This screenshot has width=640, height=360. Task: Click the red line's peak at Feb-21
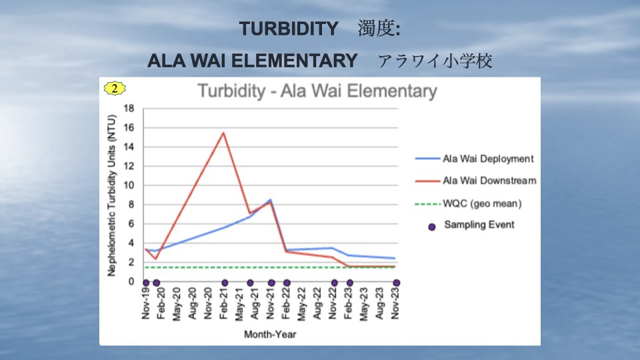223,133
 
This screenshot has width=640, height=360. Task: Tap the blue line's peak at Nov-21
270,199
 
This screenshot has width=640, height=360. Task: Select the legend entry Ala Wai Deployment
474,159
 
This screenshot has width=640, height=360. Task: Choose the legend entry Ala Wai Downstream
475,181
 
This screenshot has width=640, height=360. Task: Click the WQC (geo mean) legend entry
468,203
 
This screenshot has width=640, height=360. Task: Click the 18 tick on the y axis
129,109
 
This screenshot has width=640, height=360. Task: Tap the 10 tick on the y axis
129,185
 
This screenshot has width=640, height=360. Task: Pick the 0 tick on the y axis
131,281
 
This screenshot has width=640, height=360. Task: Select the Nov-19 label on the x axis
146,303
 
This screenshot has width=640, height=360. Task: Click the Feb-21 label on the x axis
223,303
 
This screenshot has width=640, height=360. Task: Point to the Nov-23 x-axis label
395,303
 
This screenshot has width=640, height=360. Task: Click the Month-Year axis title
270,334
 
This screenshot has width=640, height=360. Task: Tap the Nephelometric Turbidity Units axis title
111,195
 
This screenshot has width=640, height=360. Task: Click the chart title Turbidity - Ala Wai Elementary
317,91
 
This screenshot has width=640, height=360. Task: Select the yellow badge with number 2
114,88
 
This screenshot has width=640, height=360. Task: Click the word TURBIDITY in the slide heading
289,29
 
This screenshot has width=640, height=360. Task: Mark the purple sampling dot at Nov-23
396,283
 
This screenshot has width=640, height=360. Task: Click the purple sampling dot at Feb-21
225,283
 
